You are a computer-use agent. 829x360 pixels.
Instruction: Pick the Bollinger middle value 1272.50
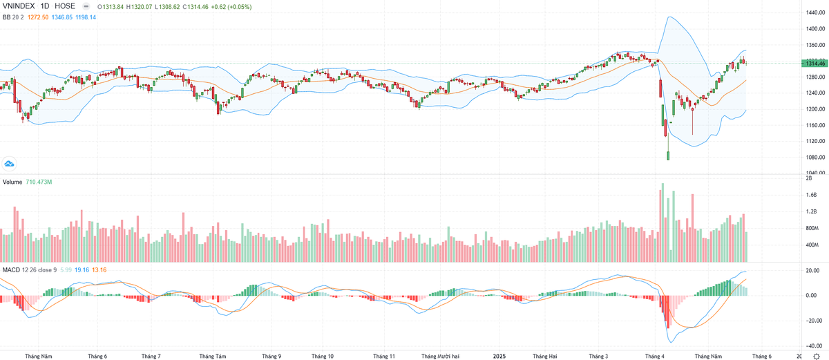pos(37,17)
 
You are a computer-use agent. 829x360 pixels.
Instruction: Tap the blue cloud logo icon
pos(10,164)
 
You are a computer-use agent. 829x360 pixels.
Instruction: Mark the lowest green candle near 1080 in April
pos(668,155)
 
